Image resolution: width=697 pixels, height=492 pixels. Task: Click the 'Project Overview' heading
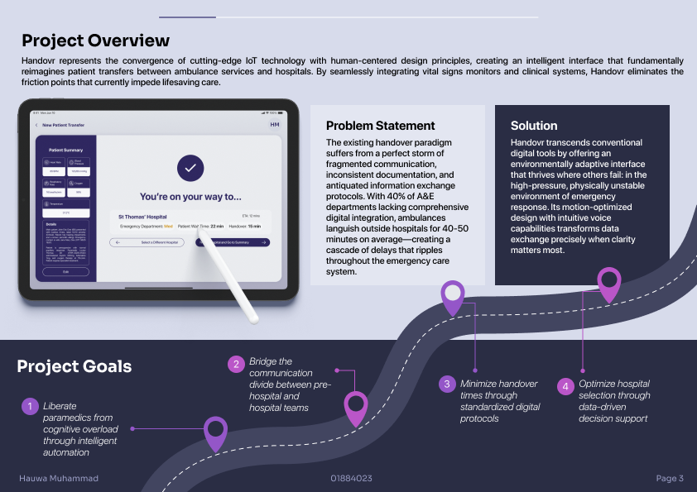(x=95, y=41)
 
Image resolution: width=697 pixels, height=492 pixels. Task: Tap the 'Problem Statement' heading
(x=380, y=126)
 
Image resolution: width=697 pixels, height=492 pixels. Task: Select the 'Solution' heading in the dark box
(x=534, y=126)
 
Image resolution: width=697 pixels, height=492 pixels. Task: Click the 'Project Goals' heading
(x=74, y=366)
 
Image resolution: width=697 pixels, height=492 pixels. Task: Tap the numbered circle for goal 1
(x=29, y=406)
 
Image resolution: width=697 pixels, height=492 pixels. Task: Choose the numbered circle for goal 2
(x=236, y=364)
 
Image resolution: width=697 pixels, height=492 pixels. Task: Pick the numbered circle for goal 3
(x=447, y=384)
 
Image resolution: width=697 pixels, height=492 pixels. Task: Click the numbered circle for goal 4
(x=565, y=385)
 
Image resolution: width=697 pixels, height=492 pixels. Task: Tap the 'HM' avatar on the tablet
(x=275, y=125)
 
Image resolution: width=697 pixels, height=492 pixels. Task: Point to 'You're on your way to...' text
(x=190, y=197)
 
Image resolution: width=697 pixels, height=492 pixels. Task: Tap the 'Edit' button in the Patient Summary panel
(x=66, y=271)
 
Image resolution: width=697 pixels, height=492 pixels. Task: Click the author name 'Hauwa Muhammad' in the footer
(x=59, y=478)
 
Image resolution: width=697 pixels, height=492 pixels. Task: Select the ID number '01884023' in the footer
(x=351, y=478)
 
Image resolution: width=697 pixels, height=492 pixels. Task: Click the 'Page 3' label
(x=670, y=478)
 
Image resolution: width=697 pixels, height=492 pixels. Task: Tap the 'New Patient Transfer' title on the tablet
(x=64, y=125)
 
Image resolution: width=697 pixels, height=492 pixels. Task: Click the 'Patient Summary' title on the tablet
(x=65, y=150)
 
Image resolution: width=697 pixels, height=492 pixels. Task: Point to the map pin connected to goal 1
(x=215, y=430)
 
